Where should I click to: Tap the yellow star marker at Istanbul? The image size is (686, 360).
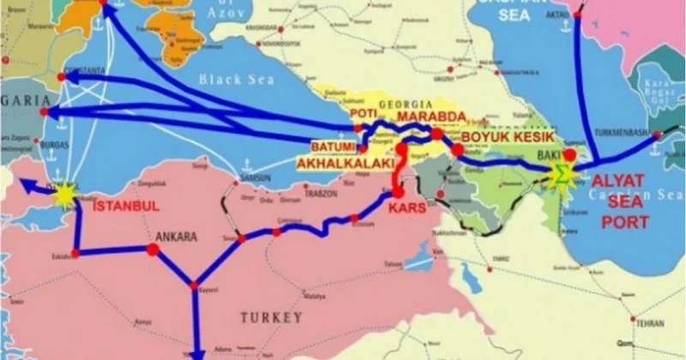click(x=64, y=195)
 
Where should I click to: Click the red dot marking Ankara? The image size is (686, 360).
click(x=153, y=249)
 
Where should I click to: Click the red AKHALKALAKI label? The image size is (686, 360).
click(x=346, y=163)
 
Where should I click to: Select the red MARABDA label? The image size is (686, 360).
click(x=432, y=117)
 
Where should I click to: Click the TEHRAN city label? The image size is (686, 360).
click(x=651, y=325)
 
